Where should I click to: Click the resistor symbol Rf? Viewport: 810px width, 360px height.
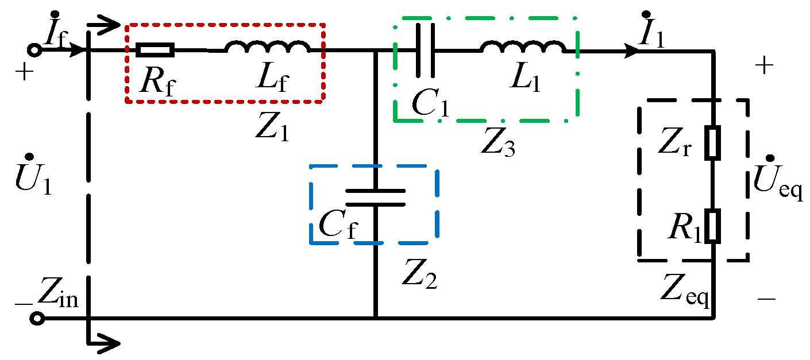[155, 51]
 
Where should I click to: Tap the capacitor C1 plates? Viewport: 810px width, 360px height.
[425, 51]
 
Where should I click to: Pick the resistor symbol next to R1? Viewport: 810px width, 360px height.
[713, 226]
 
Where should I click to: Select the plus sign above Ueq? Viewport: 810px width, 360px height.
[763, 67]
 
